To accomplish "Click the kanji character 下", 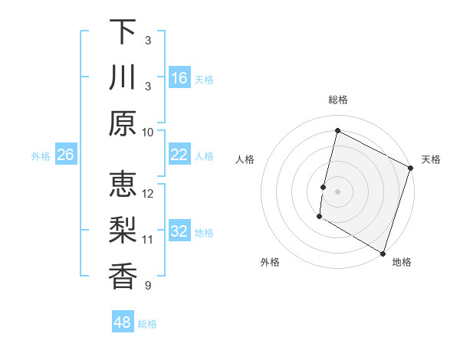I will (123, 31).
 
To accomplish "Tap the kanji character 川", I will (123, 77).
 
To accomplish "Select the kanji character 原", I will (123, 123).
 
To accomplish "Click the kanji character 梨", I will (123, 231).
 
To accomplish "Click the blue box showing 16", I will (179, 78).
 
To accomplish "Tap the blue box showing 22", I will (179, 155).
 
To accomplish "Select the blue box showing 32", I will (179, 231).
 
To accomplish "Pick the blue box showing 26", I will (65, 155).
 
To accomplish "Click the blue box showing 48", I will (122, 322).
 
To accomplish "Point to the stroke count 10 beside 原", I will (148, 132).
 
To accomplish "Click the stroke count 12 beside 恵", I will (148, 193).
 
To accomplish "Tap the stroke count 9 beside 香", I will (147, 286).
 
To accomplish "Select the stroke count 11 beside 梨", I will (148, 240).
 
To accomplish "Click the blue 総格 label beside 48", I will (147, 324).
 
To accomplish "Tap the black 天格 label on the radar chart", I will (431, 159).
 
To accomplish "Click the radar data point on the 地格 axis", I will (383, 253).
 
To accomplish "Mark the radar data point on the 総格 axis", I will (337, 131).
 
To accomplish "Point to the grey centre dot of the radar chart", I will (337, 191).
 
